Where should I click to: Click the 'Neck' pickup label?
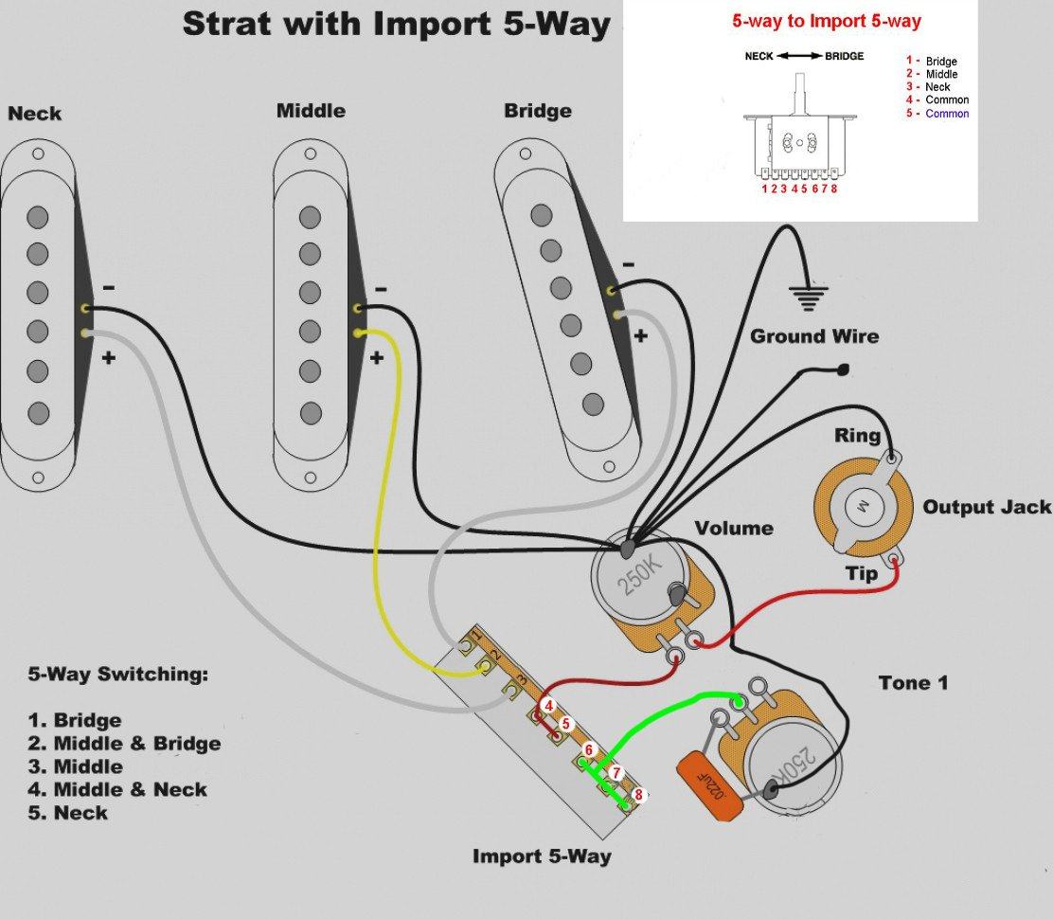coord(35,114)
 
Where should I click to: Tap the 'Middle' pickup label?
coord(311,111)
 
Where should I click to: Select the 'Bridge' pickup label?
coord(537,111)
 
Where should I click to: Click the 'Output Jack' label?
coord(987,507)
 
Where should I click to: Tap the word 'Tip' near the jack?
coord(862,573)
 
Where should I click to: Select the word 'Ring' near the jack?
coord(857,437)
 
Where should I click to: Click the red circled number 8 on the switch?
coord(638,795)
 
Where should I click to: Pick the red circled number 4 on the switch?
coord(548,705)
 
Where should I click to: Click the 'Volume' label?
coord(733,528)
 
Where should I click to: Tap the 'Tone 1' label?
coord(913,682)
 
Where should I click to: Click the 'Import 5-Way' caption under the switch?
coord(542,856)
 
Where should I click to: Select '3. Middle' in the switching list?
coord(77,766)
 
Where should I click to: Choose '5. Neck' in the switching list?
coord(68,813)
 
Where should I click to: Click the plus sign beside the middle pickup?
coord(377,357)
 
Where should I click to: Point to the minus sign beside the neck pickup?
coord(109,286)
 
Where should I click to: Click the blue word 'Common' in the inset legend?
coord(947,114)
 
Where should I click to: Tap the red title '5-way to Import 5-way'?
coord(827,21)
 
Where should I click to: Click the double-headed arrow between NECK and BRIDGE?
coord(799,56)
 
